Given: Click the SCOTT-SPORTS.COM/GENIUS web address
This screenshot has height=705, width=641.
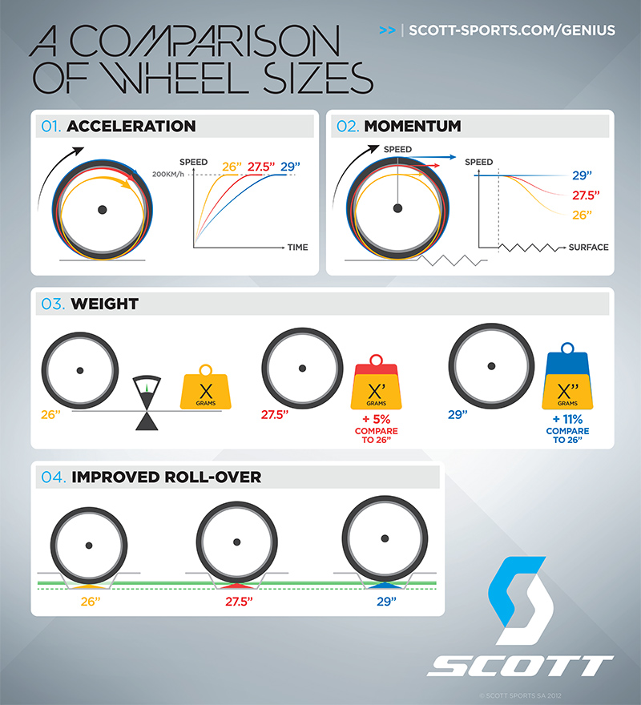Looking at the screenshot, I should click(511, 31).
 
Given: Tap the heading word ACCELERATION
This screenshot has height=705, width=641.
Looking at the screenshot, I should click(131, 127).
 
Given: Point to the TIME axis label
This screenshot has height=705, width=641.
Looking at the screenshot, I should click(297, 248).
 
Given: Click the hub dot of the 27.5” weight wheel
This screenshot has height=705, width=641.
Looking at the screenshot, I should click(301, 369).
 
